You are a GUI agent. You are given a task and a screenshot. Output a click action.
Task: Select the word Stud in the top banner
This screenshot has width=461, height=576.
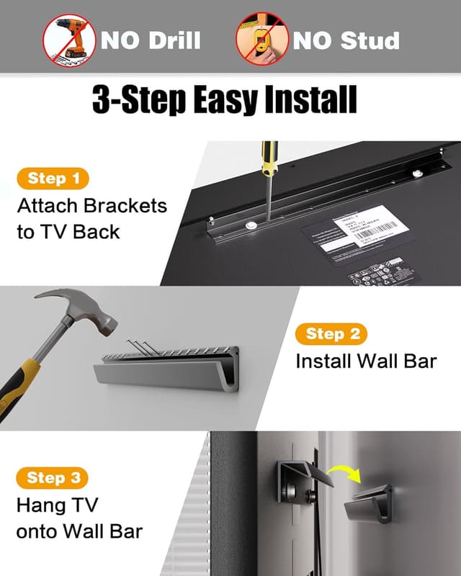click(370, 40)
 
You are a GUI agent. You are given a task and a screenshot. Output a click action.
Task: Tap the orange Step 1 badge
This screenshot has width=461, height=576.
click(53, 179)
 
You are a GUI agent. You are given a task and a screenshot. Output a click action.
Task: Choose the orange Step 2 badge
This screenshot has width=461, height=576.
click(331, 333)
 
